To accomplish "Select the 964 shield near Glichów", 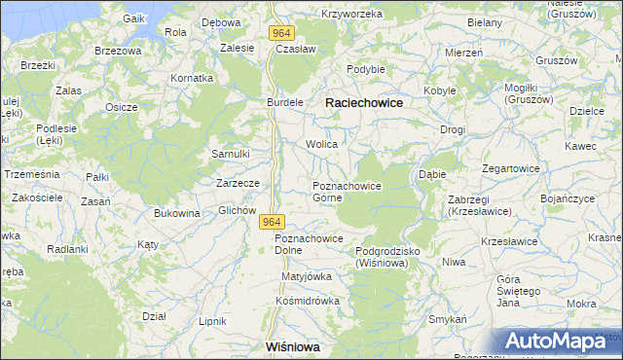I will click(x=273, y=223).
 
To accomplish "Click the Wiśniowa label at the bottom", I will click(x=293, y=346).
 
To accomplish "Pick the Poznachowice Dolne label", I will click(x=309, y=244).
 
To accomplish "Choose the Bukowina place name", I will click(x=176, y=213).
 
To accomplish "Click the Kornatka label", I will click(x=192, y=77).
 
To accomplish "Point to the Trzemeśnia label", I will click(x=32, y=174).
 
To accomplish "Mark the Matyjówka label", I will click(x=307, y=276).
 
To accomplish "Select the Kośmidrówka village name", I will click(x=308, y=301).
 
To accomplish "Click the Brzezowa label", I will click(x=118, y=50).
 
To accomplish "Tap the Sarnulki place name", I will click(x=232, y=154).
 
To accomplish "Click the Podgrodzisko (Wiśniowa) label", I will click(x=386, y=257).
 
